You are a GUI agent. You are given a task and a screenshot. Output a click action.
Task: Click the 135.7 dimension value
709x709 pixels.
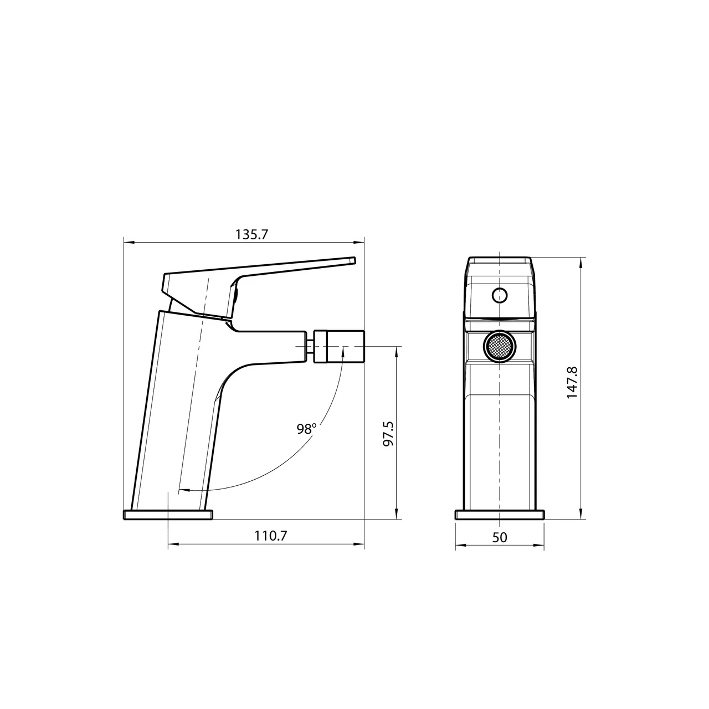[x=251, y=234]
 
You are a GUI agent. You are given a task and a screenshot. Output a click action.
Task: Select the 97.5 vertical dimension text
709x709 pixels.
[x=388, y=434]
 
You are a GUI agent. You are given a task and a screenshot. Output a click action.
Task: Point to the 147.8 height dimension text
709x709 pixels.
[x=573, y=382]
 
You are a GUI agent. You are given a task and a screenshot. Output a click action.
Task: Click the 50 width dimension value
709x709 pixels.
[x=499, y=537]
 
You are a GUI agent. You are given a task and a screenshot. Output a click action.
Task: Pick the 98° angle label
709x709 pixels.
[x=306, y=429]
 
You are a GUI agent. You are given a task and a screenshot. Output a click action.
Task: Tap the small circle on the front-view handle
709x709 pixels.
[x=499, y=295]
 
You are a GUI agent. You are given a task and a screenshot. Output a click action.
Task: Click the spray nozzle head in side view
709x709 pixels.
[x=339, y=346]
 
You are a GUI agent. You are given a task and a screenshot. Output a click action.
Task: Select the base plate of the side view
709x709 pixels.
[x=168, y=515]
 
